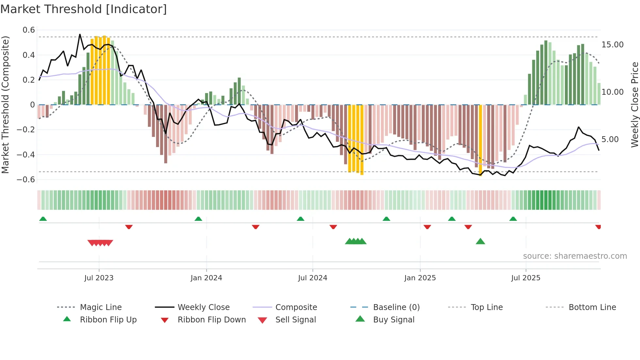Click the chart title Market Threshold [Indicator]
pyautogui.click(x=84, y=9)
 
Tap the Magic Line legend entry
pyautogui.click(x=101, y=307)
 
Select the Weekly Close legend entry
pyautogui.click(x=203, y=307)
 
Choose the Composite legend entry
pyautogui.click(x=296, y=307)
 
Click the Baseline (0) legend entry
pyautogui.click(x=396, y=307)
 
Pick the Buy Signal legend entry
pyautogui.click(x=393, y=320)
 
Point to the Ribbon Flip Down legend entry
pyautogui.click(x=211, y=320)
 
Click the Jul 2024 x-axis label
pyautogui.click(x=312, y=278)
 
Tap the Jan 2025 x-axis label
pyautogui.click(x=420, y=278)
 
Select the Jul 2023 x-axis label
pyautogui.click(x=99, y=278)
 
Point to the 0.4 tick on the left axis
pyautogui.click(x=29, y=55)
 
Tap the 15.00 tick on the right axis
pyautogui.click(x=612, y=45)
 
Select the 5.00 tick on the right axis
pyautogui.click(x=610, y=139)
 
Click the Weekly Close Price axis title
pyautogui.click(x=634, y=105)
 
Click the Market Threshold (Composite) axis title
pyautogui.click(x=5, y=105)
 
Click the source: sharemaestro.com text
pyautogui.click(x=575, y=256)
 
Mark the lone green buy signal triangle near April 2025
pyautogui.click(x=480, y=241)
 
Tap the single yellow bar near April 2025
pyautogui.click(x=480, y=140)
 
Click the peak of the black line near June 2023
pyautogui.click(x=80, y=34)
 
